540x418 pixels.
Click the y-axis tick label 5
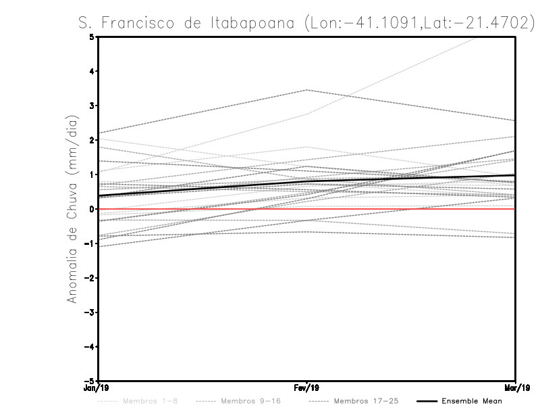(92, 37)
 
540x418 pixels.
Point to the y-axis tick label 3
(92, 106)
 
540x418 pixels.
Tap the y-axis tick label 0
(92, 209)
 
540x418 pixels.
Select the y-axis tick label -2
(90, 278)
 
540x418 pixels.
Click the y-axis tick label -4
(90, 346)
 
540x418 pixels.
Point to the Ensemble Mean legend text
(471, 401)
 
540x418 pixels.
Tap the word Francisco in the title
(141, 23)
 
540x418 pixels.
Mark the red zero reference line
(405, 209)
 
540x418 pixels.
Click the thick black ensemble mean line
(202, 189)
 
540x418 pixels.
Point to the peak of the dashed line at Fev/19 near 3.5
(307, 89)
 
